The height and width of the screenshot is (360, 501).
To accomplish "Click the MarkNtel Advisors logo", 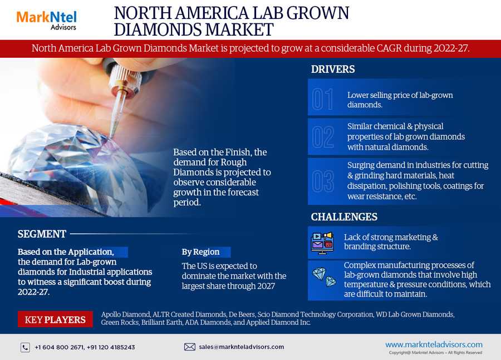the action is (x=47, y=21).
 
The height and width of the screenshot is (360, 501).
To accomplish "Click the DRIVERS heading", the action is (x=333, y=70).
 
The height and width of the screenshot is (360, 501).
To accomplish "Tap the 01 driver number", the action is (x=322, y=100).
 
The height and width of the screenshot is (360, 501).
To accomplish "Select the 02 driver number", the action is (x=323, y=137).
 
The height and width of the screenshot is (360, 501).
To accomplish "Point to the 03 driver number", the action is (x=323, y=181).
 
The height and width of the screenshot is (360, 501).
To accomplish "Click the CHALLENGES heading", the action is (x=344, y=217).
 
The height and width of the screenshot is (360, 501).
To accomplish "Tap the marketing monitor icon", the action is (x=322, y=243).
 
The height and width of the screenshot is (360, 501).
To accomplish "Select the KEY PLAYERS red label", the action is (x=55, y=319).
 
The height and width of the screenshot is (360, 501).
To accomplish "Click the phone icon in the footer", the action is (x=25, y=347).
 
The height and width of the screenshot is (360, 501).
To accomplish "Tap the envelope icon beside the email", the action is (x=190, y=347).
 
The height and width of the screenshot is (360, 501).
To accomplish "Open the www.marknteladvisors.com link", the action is (x=434, y=344).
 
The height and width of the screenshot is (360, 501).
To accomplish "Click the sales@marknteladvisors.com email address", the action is (x=241, y=347).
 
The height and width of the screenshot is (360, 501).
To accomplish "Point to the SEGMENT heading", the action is (x=42, y=234).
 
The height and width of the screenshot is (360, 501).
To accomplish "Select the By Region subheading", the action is (x=200, y=252).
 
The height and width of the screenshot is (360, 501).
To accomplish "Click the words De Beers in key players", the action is (x=242, y=314).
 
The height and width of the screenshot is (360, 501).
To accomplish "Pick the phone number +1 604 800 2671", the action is (x=60, y=347).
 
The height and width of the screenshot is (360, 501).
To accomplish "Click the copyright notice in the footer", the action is (x=435, y=353).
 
